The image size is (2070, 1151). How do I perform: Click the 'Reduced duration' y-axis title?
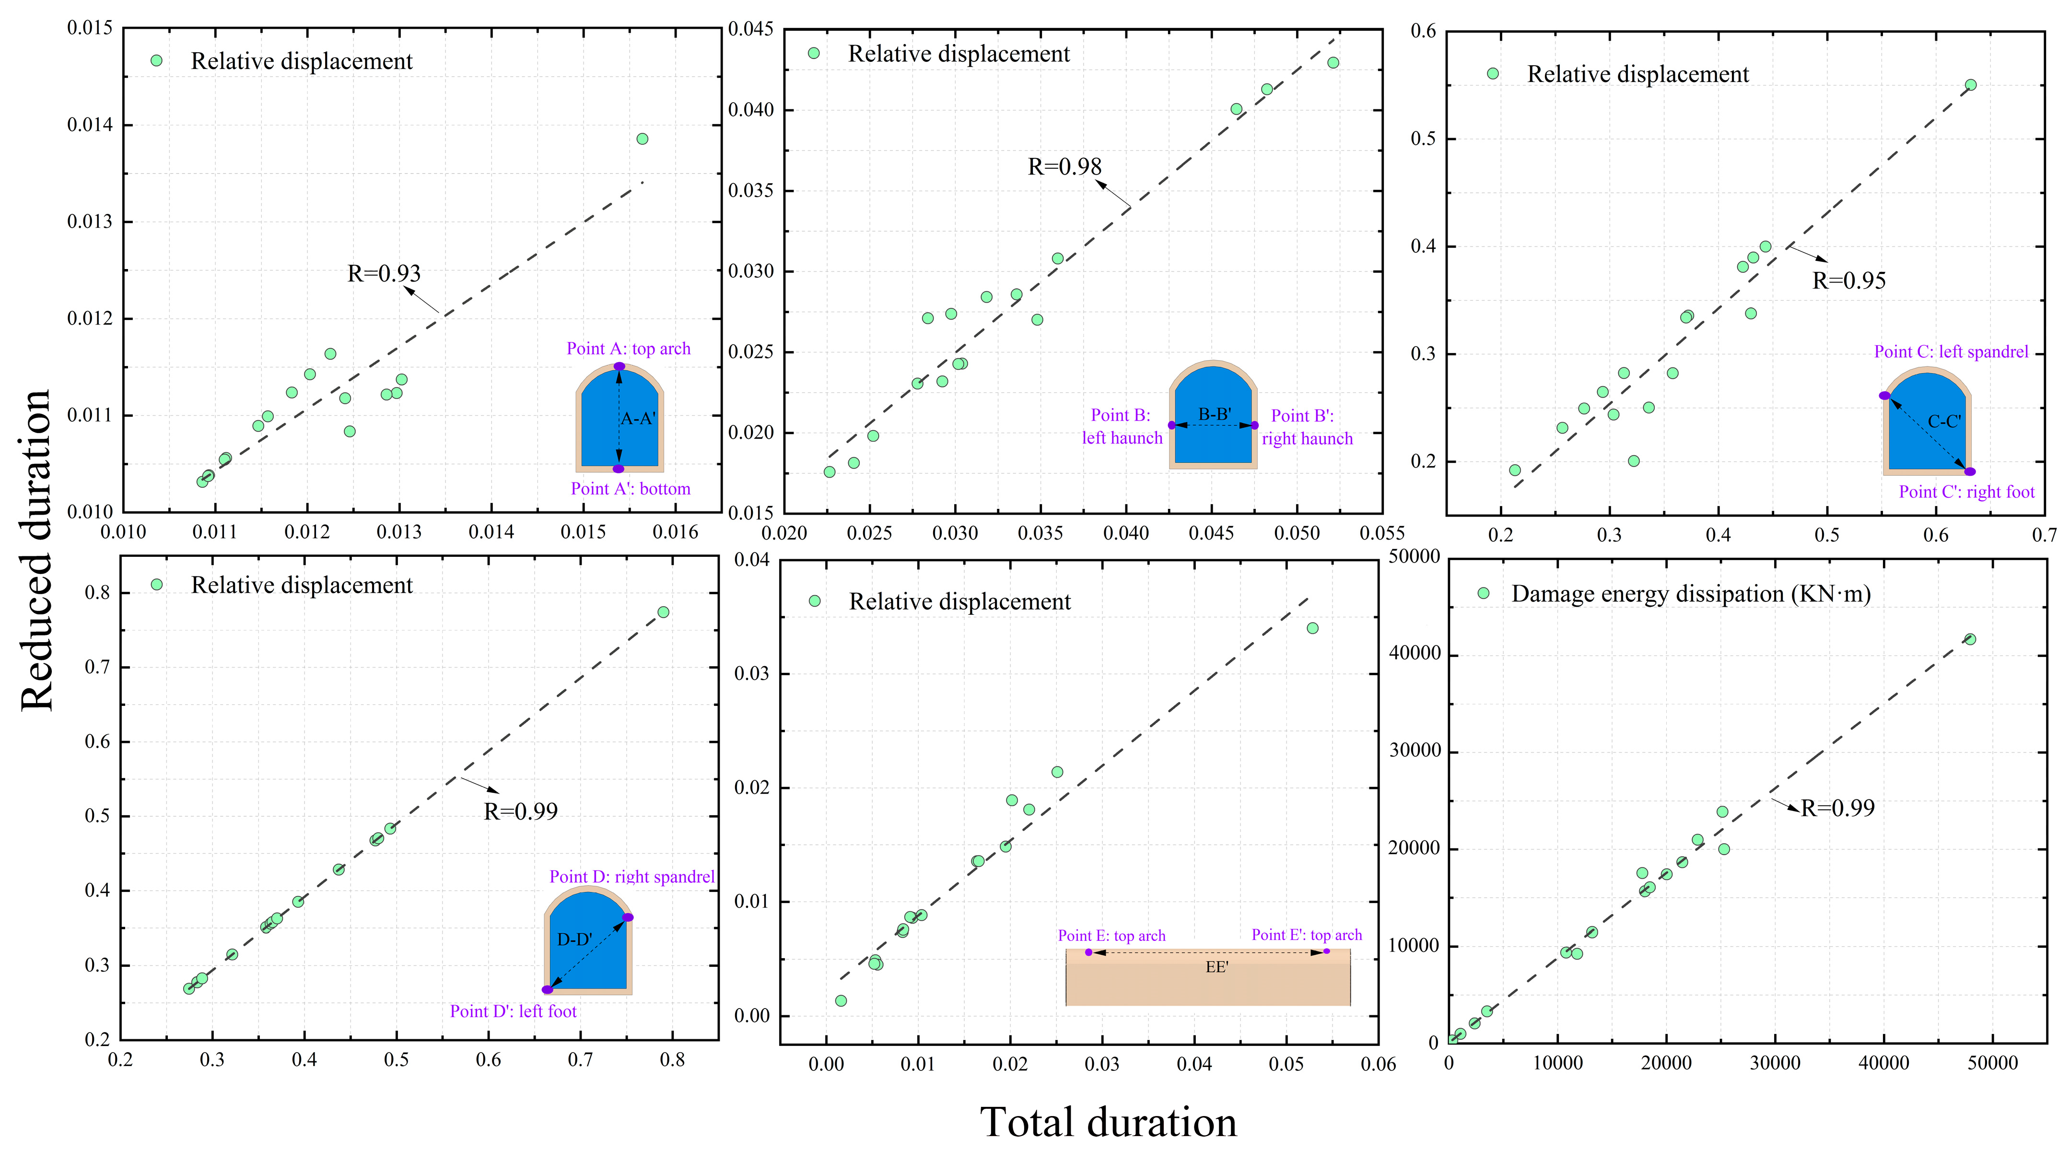tap(36, 551)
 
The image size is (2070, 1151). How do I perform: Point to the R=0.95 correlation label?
tap(1848, 281)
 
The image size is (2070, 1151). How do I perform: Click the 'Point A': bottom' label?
tap(630, 489)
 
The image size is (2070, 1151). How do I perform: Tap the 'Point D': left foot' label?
tap(513, 1011)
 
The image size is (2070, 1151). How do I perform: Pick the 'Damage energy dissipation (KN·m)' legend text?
tap(1691, 594)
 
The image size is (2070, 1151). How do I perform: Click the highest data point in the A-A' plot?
tap(642, 139)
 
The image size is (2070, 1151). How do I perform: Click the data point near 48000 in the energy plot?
tap(1970, 639)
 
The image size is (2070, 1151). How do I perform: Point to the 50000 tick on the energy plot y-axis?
tap(1415, 557)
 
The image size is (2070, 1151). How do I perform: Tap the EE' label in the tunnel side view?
tap(1216, 967)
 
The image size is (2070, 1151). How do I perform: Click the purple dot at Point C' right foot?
tap(1970, 472)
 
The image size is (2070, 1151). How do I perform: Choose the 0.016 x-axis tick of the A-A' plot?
tap(675, 532)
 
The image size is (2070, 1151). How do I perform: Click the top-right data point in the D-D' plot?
tap(663, 612)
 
